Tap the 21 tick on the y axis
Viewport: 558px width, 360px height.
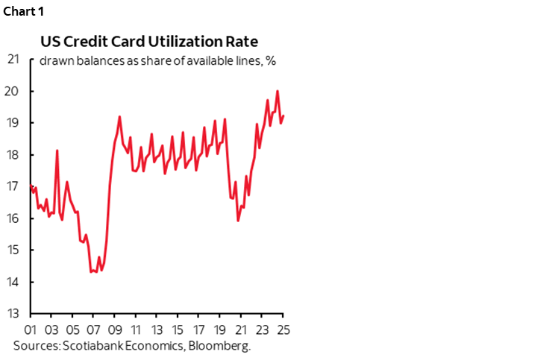12,60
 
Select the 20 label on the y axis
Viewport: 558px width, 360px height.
12,92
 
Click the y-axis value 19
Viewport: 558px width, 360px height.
12,123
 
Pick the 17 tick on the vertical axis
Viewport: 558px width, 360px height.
12,186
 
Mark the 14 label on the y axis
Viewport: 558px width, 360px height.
12,282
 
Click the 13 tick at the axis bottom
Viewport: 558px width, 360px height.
12,313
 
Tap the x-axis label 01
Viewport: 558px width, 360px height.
31,329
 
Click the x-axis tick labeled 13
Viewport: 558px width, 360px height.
157,329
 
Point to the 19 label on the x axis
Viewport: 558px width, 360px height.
220,329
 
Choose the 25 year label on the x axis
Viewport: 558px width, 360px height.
283,329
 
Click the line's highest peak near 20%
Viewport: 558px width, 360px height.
278,92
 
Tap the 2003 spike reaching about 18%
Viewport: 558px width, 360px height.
57,151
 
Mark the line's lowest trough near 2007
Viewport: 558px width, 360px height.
92,271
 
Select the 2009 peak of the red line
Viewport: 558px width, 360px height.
119,117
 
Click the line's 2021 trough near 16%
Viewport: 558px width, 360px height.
238,220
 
